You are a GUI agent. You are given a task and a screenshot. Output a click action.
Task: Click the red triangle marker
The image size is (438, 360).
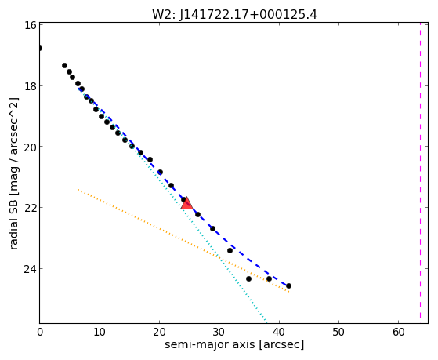(x=186, y=203)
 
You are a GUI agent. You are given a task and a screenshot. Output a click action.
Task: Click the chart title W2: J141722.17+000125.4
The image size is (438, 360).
(x=234, y=15)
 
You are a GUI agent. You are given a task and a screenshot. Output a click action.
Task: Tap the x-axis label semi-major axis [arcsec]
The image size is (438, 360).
(x=234, y=344)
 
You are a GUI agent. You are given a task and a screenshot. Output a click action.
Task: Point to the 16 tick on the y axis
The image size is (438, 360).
(x=31, y=25)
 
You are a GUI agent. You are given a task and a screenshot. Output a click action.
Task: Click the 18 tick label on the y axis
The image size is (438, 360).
(x=31, y=85)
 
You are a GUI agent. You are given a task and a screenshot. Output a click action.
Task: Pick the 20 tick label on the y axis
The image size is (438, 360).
(x=31, y=147)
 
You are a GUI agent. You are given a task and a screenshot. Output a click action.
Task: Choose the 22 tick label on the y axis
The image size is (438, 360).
(x=31, y=208)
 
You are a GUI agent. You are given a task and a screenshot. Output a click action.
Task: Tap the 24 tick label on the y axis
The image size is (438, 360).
(x=31, y=269)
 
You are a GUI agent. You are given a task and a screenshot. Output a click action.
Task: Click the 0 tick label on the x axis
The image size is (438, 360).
(x=40, y=332)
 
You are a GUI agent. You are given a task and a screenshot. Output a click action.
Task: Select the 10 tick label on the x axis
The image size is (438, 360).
(x=100, y=332)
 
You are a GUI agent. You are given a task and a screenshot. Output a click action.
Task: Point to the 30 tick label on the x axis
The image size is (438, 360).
(x=219, y=332)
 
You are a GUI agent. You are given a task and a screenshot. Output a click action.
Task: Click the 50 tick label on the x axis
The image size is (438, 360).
(x=338, y=332)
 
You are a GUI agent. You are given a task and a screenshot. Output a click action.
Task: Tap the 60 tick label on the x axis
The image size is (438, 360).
(x=398, y=332)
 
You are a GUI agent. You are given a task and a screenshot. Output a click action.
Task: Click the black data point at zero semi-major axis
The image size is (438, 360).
(x=40, y=49)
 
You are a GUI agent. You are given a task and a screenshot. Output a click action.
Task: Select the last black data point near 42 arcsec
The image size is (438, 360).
(x=288, y=285)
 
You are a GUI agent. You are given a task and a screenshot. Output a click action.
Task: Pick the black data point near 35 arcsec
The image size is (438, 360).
(x=248, y=278)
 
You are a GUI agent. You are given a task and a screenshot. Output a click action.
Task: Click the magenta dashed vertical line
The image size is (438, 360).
(x=420, y=170)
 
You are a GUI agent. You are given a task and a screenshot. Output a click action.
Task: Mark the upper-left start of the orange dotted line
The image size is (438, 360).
(x=78, y=190)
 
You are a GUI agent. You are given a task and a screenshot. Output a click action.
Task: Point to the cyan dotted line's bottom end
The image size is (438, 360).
(x=266, y=322)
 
